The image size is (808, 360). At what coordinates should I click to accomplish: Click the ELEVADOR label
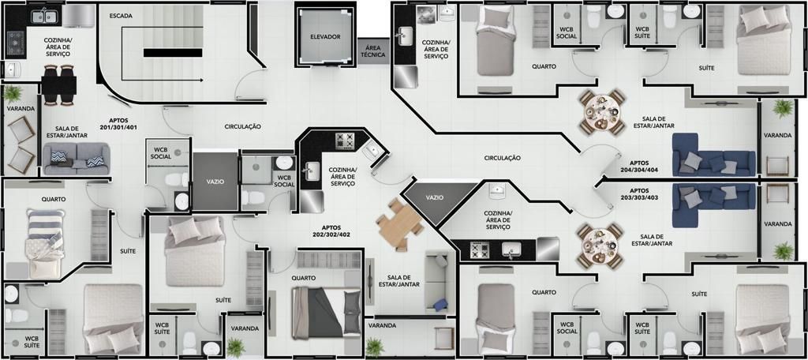(325, 36)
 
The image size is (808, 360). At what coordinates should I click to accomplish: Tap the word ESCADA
(121, 16)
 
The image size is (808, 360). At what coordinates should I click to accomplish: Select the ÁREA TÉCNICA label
(372, 51)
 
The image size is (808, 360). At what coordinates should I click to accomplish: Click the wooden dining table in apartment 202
(400, 224)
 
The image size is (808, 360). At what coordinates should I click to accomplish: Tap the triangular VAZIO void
(435, 200)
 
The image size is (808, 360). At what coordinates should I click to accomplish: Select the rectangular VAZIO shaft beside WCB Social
(215, 182)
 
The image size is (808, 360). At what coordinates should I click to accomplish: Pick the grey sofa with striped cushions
(77, 159)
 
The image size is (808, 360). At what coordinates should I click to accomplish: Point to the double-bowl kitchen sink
(45, 17)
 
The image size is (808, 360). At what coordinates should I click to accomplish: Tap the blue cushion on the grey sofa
(440, 305)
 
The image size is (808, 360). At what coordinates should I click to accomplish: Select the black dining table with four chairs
(60, 85)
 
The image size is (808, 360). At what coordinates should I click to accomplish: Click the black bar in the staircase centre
(173, 53)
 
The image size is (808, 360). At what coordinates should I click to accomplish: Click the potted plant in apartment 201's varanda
(13, 95)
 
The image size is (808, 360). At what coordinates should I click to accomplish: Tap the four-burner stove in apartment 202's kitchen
(346, 140)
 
